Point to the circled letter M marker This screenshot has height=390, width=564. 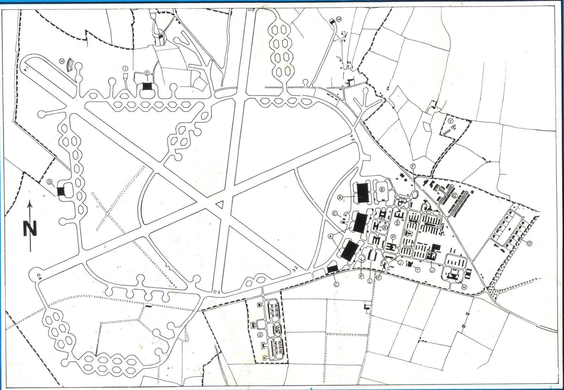point(339,19)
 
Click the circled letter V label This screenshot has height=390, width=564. point(451,121)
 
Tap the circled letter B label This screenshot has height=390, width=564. point(381,189)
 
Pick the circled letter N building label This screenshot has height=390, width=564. point(464,287)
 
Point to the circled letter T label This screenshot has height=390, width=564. point(418,270)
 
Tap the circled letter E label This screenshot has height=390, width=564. point(336,214)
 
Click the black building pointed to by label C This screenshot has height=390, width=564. point(332,269)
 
